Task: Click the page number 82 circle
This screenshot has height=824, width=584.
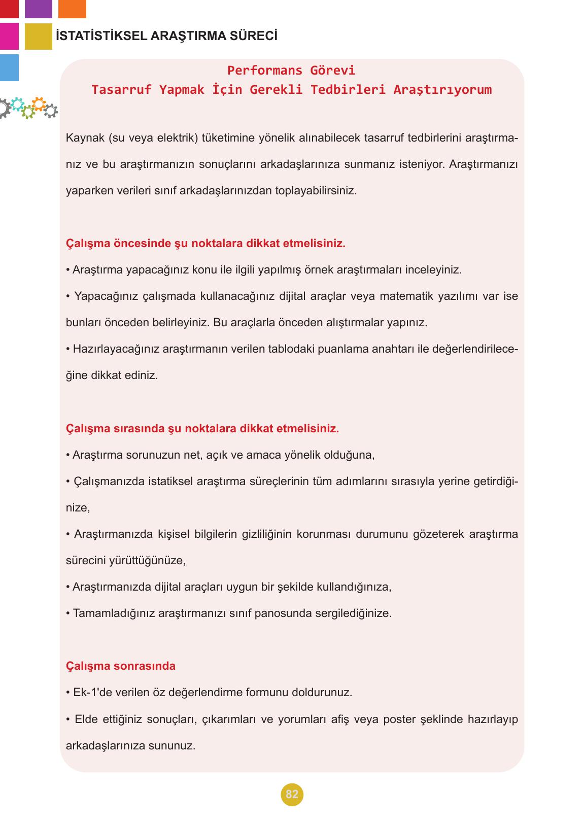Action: tap(292, 794)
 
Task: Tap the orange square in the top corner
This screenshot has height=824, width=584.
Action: tap(72, 9)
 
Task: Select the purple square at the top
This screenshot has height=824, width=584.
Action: tap(38, 9)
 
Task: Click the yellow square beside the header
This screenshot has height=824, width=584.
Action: tap(38, 36)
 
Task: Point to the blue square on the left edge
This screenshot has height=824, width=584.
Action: tap(9, 67)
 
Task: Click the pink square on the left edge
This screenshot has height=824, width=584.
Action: tap(9, 36)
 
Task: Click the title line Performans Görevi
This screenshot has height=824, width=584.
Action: tap(291, 70)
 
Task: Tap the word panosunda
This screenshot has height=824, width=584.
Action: tap(283, 613)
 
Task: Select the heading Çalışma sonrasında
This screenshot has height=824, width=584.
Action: tap(121, 666)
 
